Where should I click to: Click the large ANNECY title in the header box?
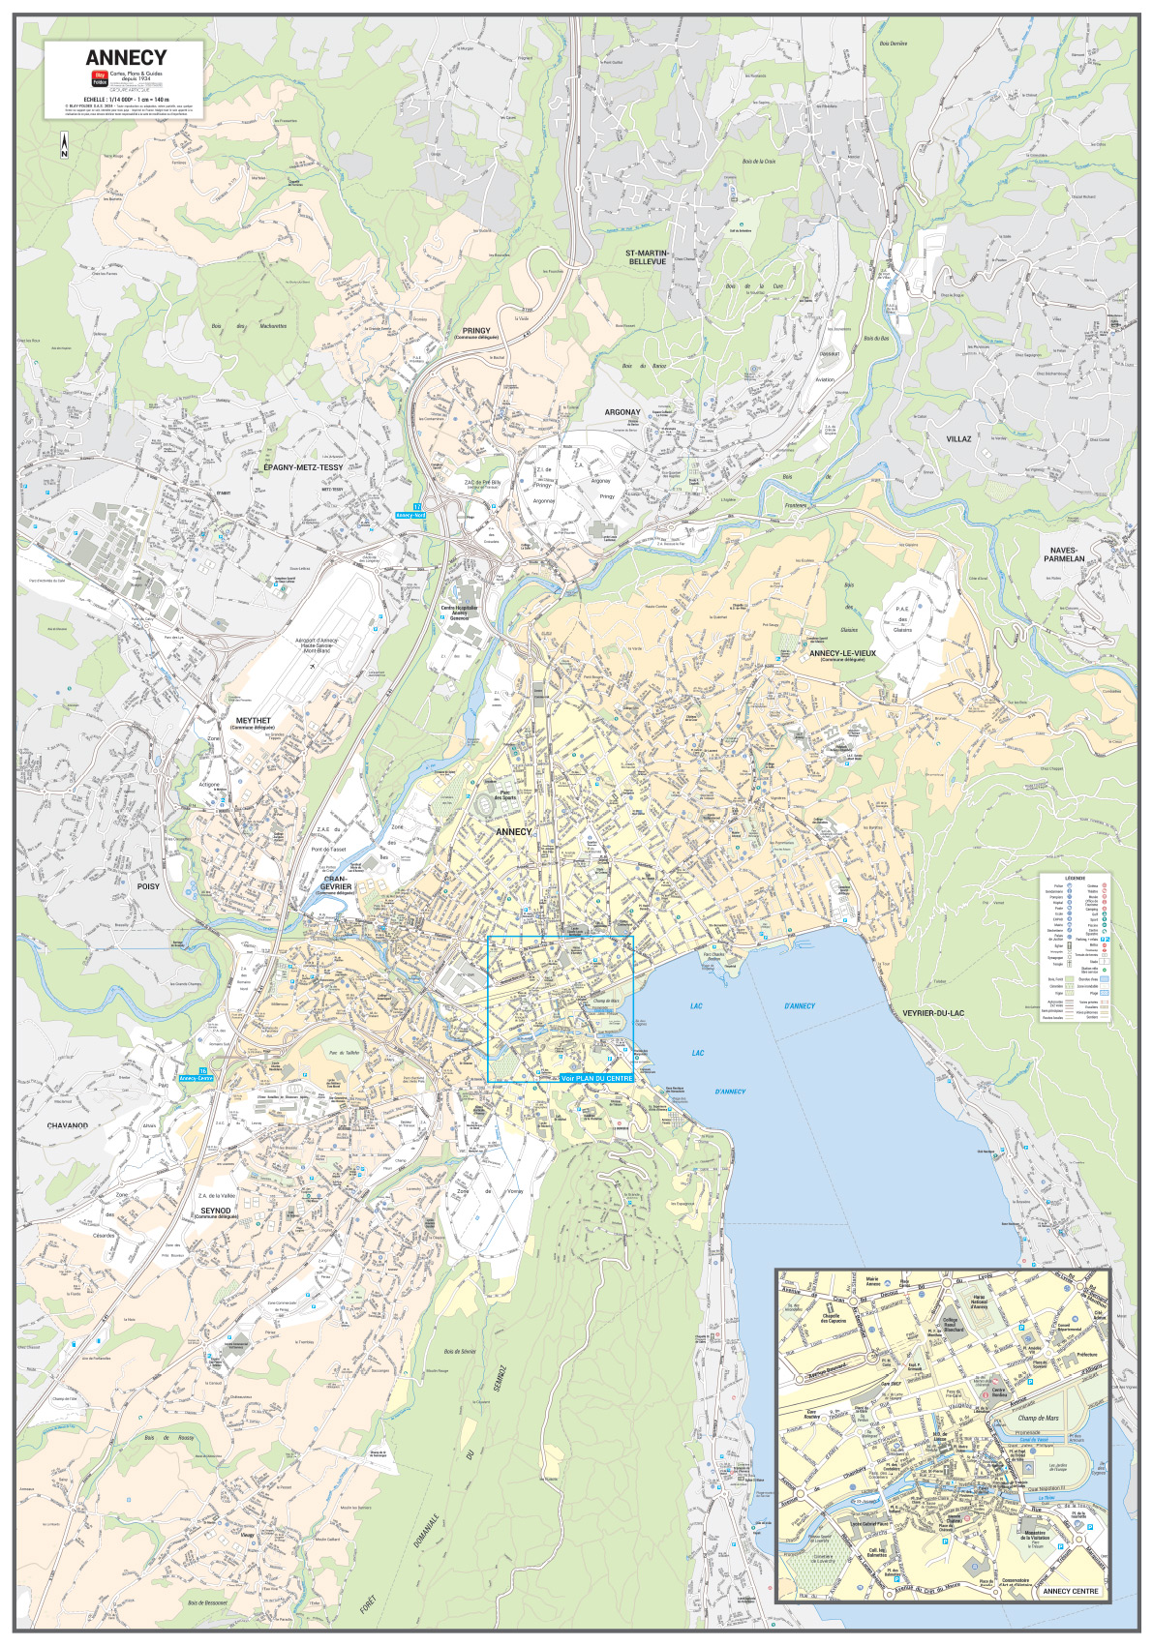(x=126, y=58)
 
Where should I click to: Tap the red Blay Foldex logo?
(x=99, y=78)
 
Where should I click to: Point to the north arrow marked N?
(x=64, y=146)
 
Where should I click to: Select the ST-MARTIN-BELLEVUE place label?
(x=647, y=257)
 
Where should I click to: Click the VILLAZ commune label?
(x=957, y=438)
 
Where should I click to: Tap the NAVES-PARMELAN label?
(x=1063, y=554)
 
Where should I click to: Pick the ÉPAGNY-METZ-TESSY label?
(x=303, y=467)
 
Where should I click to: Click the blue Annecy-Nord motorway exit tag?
(x=410, y=516)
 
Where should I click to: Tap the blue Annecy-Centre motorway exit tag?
(x=196, y=1077)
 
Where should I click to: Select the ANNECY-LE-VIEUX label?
(x=842, y=653)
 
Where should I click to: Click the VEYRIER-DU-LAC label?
(x=933, y=1013)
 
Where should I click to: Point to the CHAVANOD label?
(x=67, y=1125)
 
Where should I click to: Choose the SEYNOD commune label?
(x=216, y=1210)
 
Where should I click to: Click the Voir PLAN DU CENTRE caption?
(x=596, y=1078)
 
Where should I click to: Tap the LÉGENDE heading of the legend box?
(x=1075, y=878)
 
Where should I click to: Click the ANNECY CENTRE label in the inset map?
(x=1070, y=1591)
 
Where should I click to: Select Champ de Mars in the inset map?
(x=1038, y=1418)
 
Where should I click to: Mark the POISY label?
(x=148, y=886)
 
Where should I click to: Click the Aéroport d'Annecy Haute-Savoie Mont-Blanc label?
(x=317, y=645)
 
